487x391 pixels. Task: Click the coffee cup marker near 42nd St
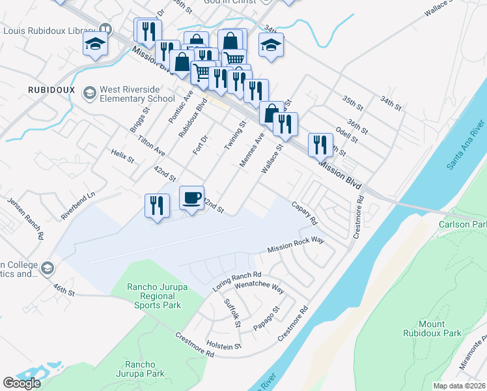point(191,198)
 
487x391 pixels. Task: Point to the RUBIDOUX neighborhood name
point(51,89)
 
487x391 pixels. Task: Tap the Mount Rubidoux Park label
point(440,328)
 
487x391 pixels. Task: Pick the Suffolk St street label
point(232,313)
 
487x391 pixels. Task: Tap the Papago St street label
point(266,317)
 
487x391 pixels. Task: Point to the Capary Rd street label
point(303,212)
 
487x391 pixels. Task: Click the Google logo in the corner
point(21,383)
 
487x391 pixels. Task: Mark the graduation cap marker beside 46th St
point(48,268)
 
